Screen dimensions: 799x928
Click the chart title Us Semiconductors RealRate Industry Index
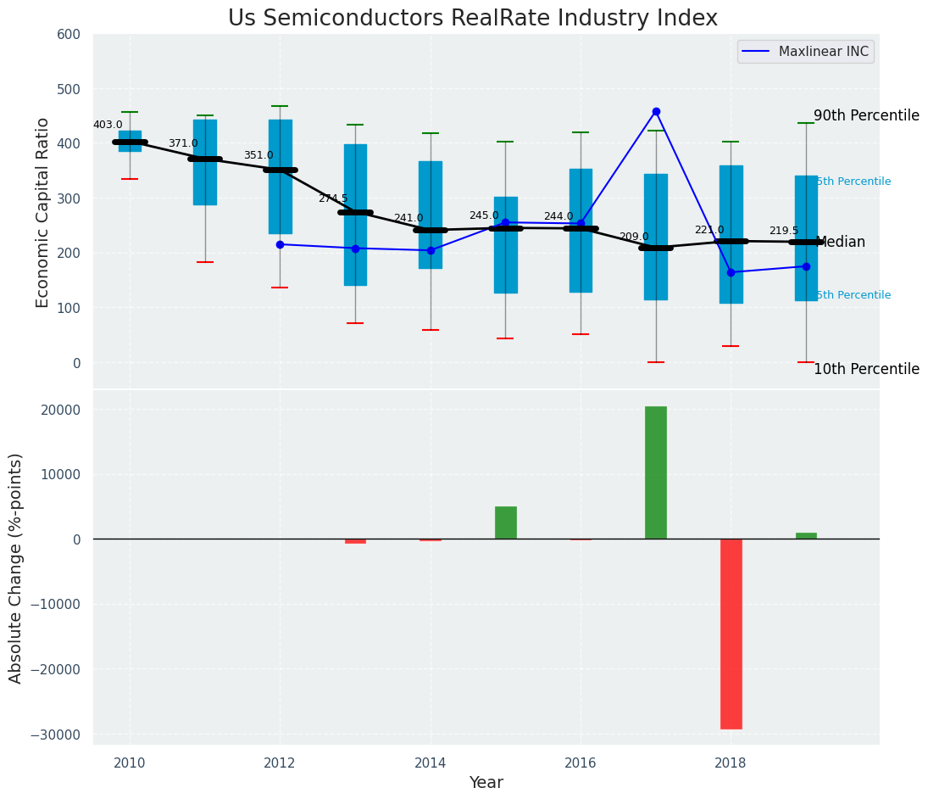click(472, 19)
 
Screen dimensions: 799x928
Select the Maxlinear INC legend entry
click(805, 52)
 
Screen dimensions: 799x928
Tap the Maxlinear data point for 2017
click(656, 111)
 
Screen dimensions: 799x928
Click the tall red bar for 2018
click(731, 634)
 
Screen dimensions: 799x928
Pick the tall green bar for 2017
click(656, 472)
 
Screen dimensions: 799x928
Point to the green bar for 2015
click(506, 522)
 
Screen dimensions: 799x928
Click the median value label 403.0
click(108, 125)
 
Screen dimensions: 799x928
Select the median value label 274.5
click(333, 198)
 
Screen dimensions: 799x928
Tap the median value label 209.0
click(634, 237)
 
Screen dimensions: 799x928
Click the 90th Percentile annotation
click(866, 115)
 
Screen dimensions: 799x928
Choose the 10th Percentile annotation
click(866, 369)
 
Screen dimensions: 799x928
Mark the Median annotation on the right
click(841, 242)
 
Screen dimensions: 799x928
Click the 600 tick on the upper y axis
click(69, 34)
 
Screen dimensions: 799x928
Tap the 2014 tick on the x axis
click(431, 763)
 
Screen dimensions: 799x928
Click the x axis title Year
click(486, 783)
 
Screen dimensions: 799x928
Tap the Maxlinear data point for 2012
click(280, 244)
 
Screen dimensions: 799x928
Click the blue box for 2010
click(130, 141)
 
